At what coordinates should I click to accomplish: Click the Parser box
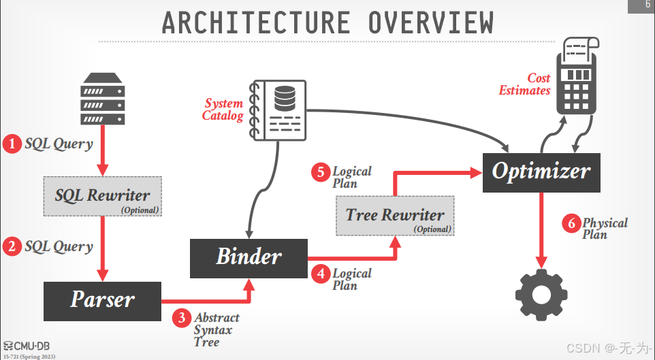point(103,300)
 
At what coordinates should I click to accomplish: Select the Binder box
point(249,257)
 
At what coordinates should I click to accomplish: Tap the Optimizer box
point(541,171)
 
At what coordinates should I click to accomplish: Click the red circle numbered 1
point(12,144)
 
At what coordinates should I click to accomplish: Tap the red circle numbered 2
point(12,246)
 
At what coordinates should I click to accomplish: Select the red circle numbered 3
point(181,318)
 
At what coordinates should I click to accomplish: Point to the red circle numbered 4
point(320,274)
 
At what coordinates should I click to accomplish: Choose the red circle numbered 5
point(320,171)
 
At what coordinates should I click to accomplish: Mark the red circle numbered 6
point(571,223)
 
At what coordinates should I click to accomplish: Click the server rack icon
point(103,99)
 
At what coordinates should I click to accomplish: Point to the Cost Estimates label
point(525,84)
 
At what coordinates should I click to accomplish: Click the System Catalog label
point(223,110)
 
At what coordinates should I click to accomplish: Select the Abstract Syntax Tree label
point(217,330)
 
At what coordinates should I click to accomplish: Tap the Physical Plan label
point(605,229)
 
